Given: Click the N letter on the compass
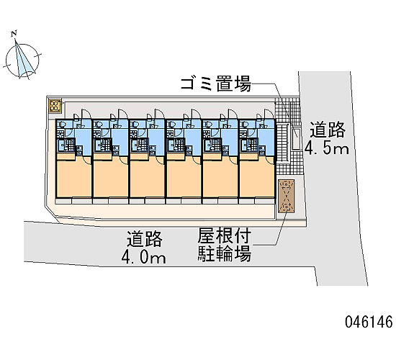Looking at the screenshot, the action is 14,33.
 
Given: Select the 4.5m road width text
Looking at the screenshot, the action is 327,148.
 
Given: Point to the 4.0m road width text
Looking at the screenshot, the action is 144,258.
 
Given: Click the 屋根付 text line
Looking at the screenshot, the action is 225,235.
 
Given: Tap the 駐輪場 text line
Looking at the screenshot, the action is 225,253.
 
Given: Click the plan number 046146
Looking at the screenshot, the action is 369,322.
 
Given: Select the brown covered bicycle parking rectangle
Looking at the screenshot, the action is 287,197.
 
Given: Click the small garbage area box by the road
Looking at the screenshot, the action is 296,138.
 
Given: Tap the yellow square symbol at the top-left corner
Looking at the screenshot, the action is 55,106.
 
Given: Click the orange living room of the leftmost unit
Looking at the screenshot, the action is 73,178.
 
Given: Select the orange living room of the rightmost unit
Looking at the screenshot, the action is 257,178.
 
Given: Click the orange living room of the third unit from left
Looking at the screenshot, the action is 147,178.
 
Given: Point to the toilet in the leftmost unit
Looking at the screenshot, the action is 62,124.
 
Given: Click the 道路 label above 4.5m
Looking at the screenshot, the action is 328,130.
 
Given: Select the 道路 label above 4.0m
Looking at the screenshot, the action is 145,239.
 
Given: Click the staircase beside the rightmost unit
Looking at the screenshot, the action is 283,143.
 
